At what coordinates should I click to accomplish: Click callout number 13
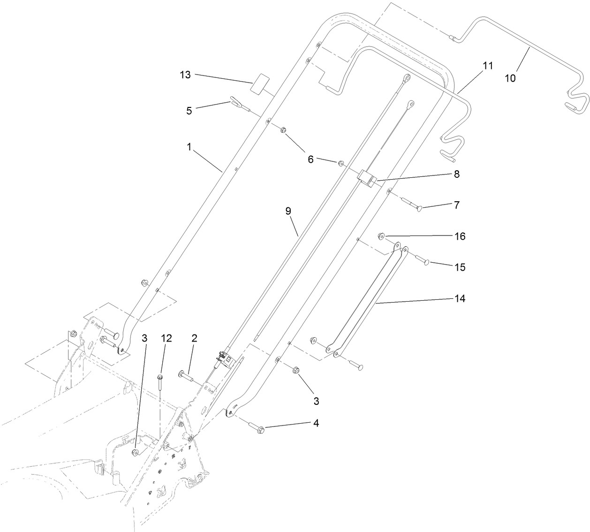[186, 75]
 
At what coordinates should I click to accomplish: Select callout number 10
[510, 78]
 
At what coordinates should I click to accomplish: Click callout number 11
[488, 66]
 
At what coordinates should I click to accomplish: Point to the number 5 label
[189, 111]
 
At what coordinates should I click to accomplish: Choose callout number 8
[456, 174]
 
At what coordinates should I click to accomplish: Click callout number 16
[460, 236]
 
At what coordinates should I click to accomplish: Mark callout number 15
[460, 267]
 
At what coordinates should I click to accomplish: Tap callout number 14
[460, 298]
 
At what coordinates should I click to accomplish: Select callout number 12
[166, 338]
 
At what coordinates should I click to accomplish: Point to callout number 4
[316, 423]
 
